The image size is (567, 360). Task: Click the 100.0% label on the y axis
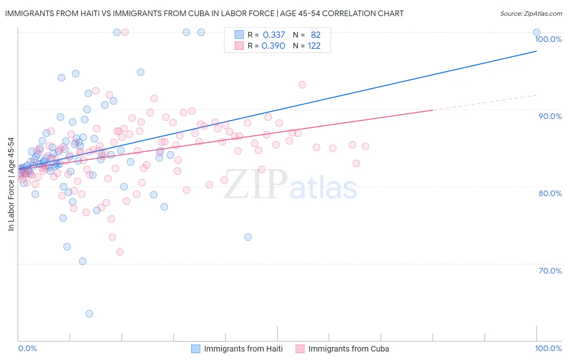click(548, 39)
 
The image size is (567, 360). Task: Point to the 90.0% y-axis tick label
click(550, 116)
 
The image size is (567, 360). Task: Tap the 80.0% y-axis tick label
click(550, 193)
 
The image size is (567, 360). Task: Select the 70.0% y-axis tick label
click(550, 271)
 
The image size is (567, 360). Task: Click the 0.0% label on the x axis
click(27, 348)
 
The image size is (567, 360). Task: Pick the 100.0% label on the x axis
click(548, 348)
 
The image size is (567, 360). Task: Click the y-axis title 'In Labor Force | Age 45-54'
click(11, 184)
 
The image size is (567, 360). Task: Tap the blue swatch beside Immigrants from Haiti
click(196, 349)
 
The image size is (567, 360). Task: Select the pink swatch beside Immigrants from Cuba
click(300, 349)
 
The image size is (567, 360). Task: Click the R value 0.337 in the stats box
click(274, 35)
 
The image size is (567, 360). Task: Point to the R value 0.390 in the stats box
click(273, 46)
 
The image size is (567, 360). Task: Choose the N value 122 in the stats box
click(314, 46)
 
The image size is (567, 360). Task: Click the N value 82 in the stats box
click(315, 35)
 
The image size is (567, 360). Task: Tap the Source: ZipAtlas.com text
click(531, 14)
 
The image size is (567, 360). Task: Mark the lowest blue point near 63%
click(89, 314)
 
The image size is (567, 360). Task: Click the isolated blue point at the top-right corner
click(537, 32)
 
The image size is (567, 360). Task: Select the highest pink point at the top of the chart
click(125, 32)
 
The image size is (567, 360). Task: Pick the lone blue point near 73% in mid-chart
click(248, 237)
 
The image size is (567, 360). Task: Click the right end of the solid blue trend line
click(537, 51)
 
